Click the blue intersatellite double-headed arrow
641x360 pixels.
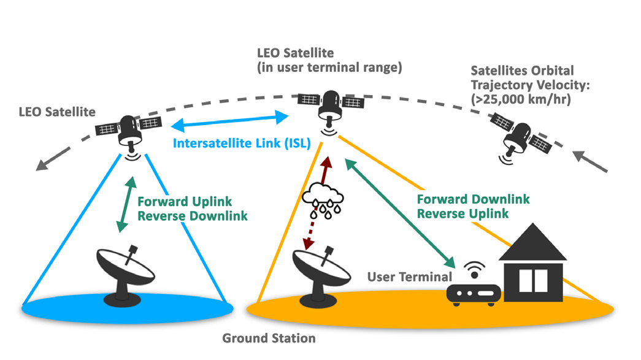click(x=230, y=121)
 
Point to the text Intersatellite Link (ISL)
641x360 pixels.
click(x=241, y=144)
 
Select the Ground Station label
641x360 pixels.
click(x=269, y=338)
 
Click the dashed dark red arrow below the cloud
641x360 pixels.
click(x=314, y=230)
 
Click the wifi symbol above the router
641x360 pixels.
click(x=472, y=269)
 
